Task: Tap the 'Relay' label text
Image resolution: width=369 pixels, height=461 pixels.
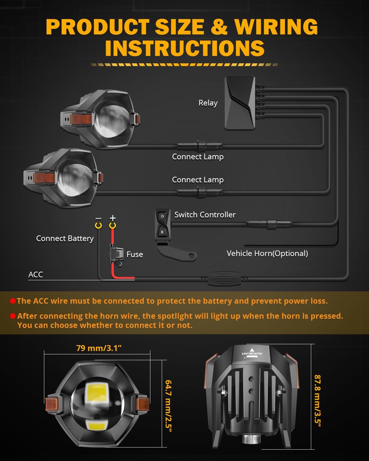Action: (x=208, y=103)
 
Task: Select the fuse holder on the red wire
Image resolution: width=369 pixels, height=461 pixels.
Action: (x=116, y=254)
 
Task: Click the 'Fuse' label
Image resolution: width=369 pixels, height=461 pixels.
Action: (x=135, y=254)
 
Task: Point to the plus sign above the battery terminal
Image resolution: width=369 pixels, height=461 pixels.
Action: (x=113, y=218)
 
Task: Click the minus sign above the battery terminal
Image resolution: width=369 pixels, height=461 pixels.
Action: (x=98, y=219)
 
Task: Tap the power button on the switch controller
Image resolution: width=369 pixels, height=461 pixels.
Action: (x=162, y=216)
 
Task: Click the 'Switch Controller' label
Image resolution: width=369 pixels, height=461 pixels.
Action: (x=205, y=215)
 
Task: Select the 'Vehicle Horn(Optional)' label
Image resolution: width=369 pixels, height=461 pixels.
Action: (x=267, y=254)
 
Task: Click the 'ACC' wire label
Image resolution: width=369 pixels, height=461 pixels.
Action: (x=36, y=274)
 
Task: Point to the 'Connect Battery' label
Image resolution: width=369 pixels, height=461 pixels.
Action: (x=65, y=238)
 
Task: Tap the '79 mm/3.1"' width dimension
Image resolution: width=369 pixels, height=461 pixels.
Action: (x=99, y=348)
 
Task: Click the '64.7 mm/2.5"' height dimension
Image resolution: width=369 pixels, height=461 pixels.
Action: (x=168, y=406)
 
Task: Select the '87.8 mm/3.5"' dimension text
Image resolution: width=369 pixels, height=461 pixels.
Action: (x=317, y=400)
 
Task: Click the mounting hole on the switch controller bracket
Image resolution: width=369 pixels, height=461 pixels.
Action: (x=191, y=255)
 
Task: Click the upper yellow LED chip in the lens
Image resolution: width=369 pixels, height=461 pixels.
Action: (x=97, y=392)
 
